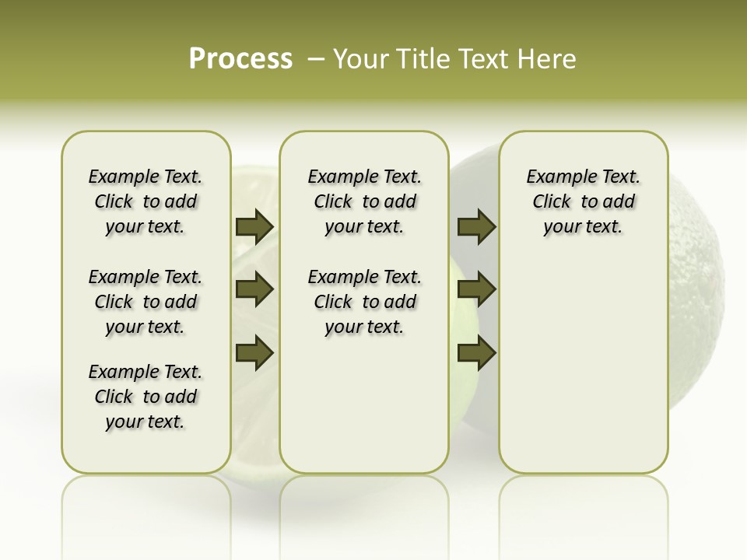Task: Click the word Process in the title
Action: (x=240, y=59)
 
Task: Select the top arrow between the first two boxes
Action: (x=254, y=226)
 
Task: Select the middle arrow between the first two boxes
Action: (x=254, y=289)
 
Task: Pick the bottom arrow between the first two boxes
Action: (x=254, y=353)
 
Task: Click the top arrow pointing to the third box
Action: (x=476, y=226)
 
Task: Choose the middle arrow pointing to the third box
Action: (x=476, y=289)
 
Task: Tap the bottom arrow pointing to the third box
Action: (x=476, y=353)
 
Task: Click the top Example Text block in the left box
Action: (x=146, y=201)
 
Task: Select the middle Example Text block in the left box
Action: (x=146, y=302)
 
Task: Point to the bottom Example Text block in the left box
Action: (x=146, y=397)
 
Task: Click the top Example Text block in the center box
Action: (x=365, y=201)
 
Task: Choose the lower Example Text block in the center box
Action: (x=365, y=302)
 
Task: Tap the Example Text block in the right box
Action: (x=584, y=201)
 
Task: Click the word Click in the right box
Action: (x=552, y=202)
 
